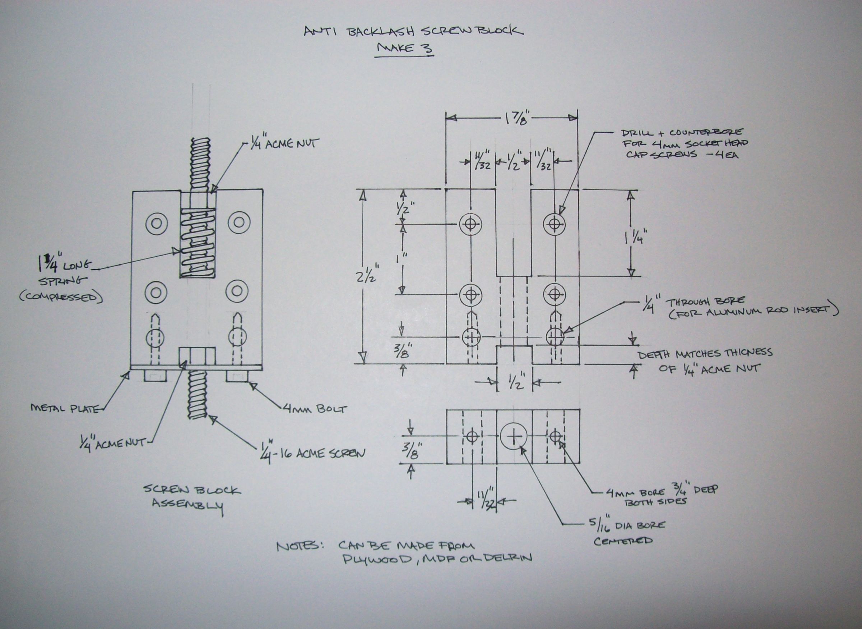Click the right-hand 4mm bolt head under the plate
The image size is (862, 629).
tap(238, 376)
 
